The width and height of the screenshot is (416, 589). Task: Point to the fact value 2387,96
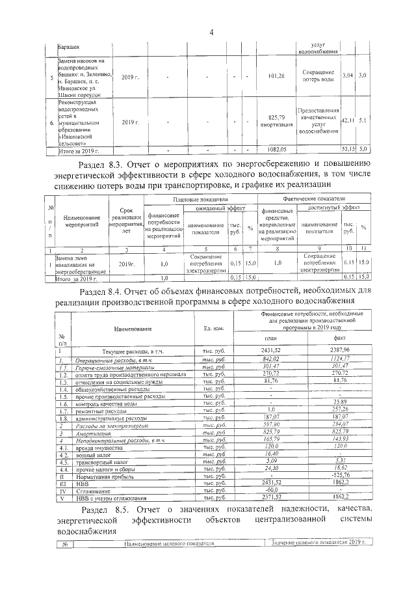[339, 351]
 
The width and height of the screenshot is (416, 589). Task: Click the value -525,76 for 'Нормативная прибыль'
[339, 476]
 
